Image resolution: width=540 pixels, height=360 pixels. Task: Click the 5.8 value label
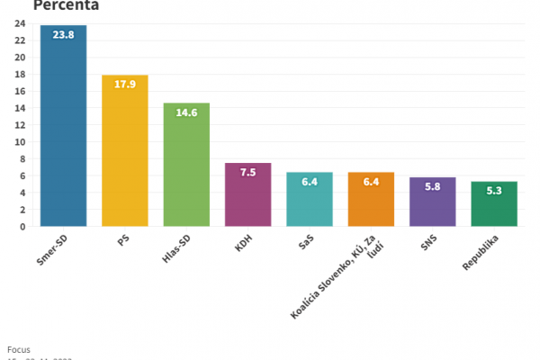point(433,188)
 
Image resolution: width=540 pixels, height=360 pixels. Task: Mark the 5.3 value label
point(494,193)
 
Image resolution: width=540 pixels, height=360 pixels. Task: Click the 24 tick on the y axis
point(20,23)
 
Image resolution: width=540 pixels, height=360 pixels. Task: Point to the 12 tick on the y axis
point(20,125)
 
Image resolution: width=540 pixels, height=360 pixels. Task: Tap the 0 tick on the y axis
point(22,227)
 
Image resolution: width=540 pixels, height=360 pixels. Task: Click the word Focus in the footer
point(18,348)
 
